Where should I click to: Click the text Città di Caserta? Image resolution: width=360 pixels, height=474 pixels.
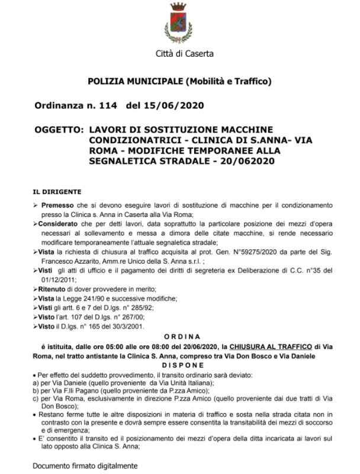tap(181, 55)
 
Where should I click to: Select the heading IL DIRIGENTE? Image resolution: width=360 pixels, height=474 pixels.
tap(57, 193)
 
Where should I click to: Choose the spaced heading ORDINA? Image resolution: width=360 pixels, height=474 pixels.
tap(179, 336)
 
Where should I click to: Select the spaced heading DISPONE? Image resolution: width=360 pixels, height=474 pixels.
tap(179, 366)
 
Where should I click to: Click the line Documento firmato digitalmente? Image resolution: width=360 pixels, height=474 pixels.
tap(85, 466)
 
